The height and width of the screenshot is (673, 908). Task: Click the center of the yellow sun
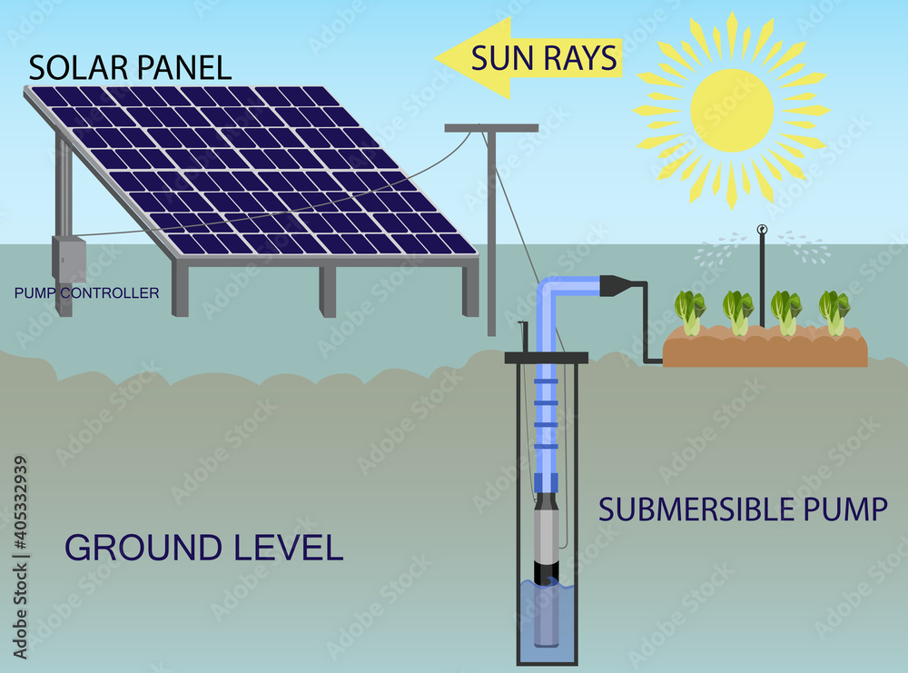coord(732,111)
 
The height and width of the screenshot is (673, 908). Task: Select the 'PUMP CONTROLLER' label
coord(87,293)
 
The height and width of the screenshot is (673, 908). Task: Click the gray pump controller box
coord(68,260)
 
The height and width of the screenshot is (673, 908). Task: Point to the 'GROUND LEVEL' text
coord(203,548)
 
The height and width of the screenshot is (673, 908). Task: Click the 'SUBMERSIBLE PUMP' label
coord(743,510)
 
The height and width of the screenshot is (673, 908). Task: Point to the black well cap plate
coord(546,357)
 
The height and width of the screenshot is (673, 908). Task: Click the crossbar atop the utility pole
coord(491,128)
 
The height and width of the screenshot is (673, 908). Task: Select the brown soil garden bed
coord(765,350)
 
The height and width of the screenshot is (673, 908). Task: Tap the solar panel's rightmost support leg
coord(469,289)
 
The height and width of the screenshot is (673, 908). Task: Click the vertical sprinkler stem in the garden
coord(762,272)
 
